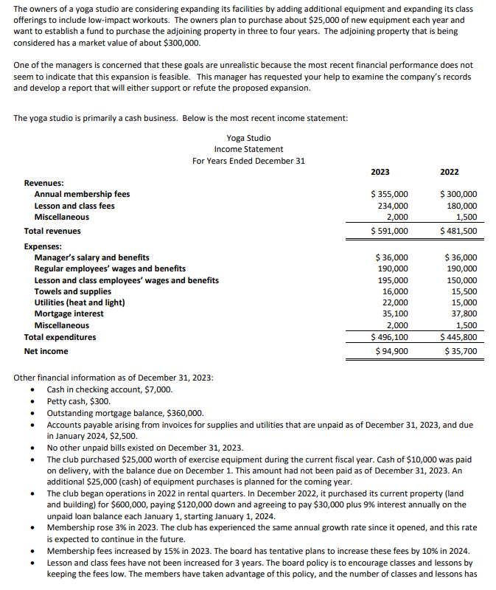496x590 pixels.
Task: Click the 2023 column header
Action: (380, 172)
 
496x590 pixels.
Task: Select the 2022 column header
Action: (449, 172)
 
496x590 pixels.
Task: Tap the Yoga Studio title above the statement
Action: (248, 138)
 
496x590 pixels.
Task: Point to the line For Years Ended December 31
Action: (248, 161)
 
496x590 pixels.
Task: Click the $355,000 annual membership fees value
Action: (389, 194)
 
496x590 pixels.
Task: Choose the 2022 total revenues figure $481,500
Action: (458, 231)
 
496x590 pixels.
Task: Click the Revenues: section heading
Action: (43, 183)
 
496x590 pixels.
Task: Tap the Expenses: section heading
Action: (43, 246)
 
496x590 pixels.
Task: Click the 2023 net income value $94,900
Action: (391, 351)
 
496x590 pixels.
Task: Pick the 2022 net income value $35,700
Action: (460, 351)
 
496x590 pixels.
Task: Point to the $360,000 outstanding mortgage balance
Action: (185, 413)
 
